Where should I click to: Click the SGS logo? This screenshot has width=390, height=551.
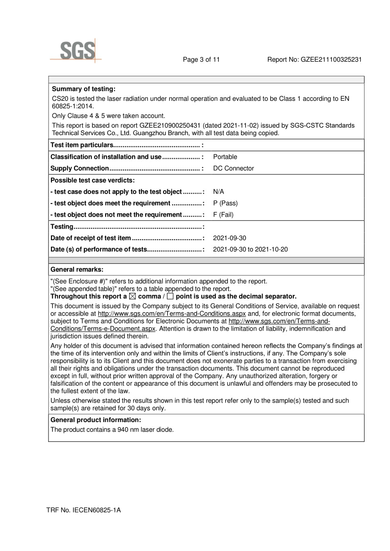[77, 51]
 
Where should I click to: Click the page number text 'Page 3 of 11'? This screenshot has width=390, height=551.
[201, 60]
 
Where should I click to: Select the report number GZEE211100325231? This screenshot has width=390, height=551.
[331, 60]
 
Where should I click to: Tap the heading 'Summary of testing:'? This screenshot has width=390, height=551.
[83, 89]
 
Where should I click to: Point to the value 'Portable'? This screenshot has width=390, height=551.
[225, 157]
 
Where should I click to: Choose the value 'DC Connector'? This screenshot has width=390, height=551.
[233, 168]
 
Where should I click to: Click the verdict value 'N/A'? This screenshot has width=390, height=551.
[219, 192]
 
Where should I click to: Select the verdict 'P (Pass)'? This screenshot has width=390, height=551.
[225, 203]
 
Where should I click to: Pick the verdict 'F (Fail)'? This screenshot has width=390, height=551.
[224, 215]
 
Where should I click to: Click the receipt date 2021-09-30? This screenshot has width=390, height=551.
[229, 238]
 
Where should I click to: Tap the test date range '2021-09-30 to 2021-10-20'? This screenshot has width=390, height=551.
[250, 250]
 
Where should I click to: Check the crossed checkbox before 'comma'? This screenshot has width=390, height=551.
[132, 296]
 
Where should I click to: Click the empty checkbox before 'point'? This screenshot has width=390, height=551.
[170, 296]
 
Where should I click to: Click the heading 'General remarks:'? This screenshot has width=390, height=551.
[77, 269]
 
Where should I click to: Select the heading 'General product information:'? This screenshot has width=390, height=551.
[96, 420]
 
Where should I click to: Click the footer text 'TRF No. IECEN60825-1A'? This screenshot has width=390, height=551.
[83, 510]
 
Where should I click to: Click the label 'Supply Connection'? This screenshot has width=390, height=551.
[80, 169]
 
